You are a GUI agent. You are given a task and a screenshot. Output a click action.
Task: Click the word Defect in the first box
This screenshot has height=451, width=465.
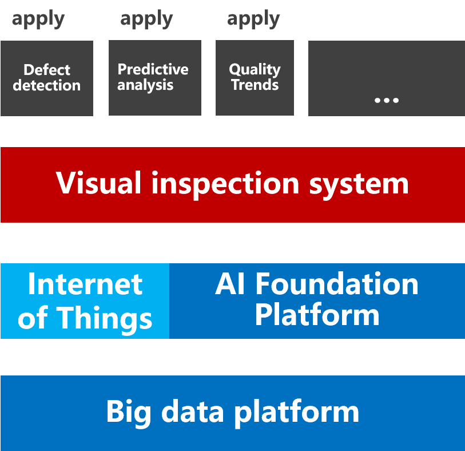pyautogui.click(x=47, y=70)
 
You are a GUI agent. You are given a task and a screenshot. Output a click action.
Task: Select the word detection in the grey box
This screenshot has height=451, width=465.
pyautogui.click(x=47, y=86)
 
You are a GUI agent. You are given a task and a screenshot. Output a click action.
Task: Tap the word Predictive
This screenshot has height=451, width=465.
pyautogui.click(x=153, y=69)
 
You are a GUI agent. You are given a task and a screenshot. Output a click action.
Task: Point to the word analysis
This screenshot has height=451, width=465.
pyautogui.click(x=145, y=85)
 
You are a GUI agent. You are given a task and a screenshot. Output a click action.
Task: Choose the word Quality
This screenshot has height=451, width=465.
pyautogui.click(x=255, y=69)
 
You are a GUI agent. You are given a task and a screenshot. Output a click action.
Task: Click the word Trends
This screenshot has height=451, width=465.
pyautogui.click(x=255, y=85)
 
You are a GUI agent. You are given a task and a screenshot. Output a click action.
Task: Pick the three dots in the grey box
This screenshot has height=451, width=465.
pyautogui.click(x=386, y=100)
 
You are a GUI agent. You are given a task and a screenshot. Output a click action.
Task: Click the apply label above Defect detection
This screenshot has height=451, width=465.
pyautogui.click(x=38, y=19)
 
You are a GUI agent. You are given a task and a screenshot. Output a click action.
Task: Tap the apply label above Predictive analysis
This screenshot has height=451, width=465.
pyautogui.click(x=146, y=19)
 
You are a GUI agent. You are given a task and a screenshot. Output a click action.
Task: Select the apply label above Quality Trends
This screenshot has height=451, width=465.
pyautogui.click(x=253, y=19)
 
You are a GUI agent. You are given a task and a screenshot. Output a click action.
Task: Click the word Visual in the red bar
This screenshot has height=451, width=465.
pyautogui.click(x=98, y=183)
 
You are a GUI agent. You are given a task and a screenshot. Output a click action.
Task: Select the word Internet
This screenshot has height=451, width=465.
pyautogui.click(x=85, y=284)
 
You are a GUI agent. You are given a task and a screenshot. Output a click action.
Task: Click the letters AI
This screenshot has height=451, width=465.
pyautogui.click(x=230, y=284)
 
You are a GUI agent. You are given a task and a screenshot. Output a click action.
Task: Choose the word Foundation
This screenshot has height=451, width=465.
pyautogui.click(x=337, y=284)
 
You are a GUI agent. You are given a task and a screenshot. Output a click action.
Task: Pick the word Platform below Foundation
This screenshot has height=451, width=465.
pyautogui.click(x=317, y=315)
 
